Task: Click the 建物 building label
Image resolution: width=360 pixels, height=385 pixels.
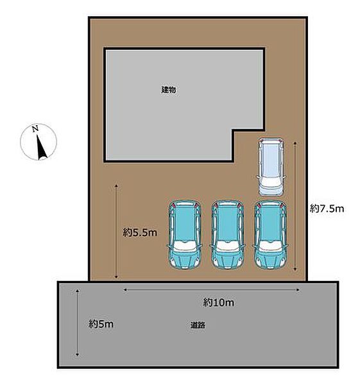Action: click(169, 90)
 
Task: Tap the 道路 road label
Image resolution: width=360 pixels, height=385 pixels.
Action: click(198, 325)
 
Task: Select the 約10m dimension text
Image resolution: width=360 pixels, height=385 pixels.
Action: click(218, 302)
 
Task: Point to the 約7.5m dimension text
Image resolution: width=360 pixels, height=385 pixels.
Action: click(327, 209)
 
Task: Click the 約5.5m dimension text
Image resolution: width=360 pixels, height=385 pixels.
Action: click(140, 232)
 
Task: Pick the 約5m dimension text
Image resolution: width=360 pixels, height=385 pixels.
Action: click(101, 324)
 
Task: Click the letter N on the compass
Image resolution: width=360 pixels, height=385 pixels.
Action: click(35, 129)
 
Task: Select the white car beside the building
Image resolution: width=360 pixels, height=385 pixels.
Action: click(270, 167)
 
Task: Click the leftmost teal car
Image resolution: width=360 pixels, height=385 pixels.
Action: click(185, 234)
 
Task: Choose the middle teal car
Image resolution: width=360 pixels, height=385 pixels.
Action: click(228, 234)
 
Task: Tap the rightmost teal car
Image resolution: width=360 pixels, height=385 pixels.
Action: click(270, 234)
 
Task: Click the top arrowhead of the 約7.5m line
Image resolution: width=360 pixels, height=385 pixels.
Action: click(295, 143)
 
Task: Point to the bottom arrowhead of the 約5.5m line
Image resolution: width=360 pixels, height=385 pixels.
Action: click(116, 277)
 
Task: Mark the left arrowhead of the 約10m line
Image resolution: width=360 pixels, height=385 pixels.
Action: click(125, 290)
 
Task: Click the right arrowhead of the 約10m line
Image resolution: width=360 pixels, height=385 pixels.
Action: click(298, 290)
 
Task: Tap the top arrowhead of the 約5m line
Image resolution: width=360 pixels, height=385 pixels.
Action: click(78, 291)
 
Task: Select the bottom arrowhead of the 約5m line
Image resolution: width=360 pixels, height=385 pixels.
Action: click(78, 354)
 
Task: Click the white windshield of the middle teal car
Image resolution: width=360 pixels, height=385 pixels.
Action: click(228, 246)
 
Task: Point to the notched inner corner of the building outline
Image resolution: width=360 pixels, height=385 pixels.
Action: click(233, 130)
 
